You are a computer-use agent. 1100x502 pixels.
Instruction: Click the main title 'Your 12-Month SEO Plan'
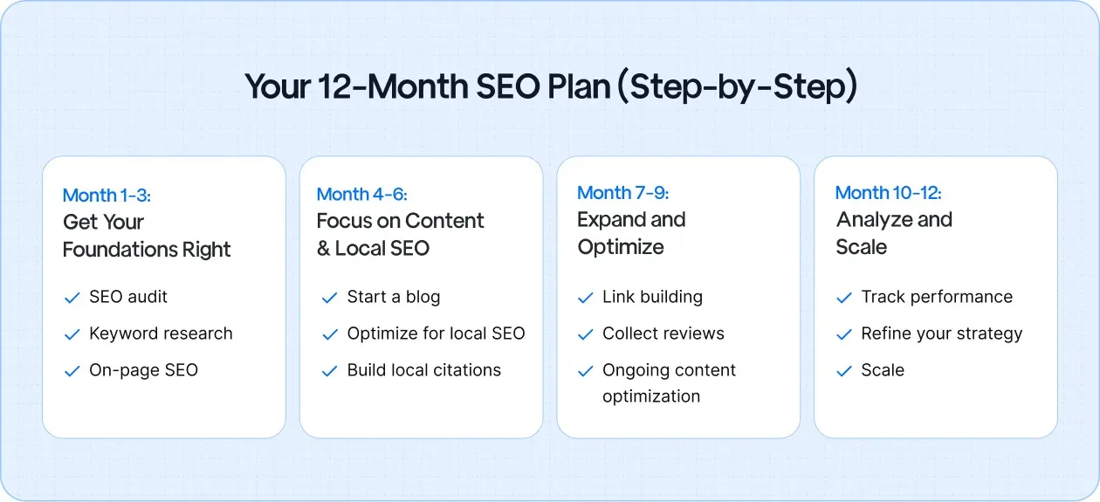tap(550, 87)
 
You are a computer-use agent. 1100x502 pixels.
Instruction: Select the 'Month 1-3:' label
tap(107, 196)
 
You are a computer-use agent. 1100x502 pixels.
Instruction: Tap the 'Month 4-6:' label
tap(361, 194)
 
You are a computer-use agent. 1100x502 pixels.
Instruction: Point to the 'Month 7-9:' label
tap(622, 193)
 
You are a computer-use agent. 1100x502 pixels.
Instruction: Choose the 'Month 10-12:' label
tap(888, 193)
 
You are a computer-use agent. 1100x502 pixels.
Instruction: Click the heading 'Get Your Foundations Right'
tap(147, 236)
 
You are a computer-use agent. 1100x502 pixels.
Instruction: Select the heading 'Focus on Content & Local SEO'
tap(400, 234)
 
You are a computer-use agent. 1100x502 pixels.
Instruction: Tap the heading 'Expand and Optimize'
tap(631, 233)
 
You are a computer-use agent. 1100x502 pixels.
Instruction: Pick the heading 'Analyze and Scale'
tap(894, 233)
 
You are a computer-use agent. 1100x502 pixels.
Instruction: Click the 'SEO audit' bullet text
tap(128, 297)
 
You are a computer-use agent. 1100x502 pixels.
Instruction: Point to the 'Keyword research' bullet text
tap(161, 334)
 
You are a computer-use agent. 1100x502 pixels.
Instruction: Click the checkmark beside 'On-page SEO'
tap(72, 371)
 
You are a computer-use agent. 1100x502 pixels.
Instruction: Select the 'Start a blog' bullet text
tap(393, 297)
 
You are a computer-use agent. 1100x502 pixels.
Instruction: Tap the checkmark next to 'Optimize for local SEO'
tap(330, 334)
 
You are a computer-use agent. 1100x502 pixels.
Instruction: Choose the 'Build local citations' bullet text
tap(423, 370)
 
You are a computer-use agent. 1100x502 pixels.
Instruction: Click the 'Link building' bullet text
tap(652, 297)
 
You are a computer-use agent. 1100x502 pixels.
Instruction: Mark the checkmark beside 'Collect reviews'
tap(586, 334)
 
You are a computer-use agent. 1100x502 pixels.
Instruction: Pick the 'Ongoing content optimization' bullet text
tap(668, 383)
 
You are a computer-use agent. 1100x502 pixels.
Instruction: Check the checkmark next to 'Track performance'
tap(844, 298)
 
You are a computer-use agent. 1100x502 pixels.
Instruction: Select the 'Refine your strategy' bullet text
tap(941, 334)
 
